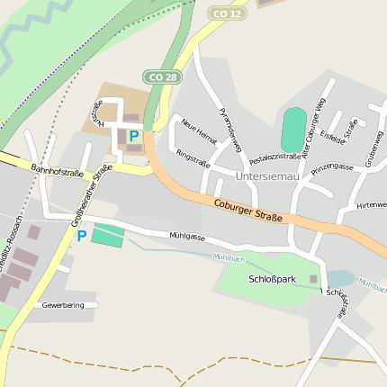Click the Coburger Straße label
248,211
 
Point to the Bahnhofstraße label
57,168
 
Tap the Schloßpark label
272,279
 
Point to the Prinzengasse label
333,167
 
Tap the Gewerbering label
63,305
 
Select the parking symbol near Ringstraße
134,137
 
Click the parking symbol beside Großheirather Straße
81,236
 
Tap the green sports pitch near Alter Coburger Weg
293,130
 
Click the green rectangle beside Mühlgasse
108,236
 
